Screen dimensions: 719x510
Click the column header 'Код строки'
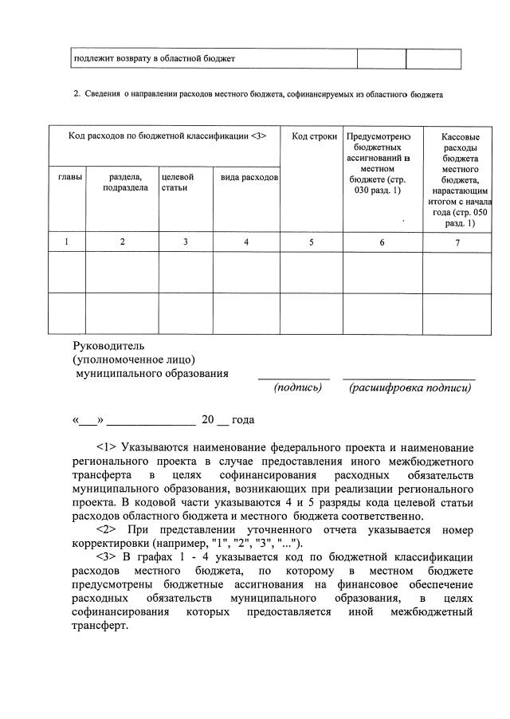[312, 136]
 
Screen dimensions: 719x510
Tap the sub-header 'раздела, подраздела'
[123, 182]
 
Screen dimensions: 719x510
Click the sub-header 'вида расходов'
[249, 176]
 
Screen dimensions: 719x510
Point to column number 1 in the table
[66, 242]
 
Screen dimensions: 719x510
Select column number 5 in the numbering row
[311, 242]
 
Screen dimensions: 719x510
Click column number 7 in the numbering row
[457, 242]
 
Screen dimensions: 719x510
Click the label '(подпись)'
[297, 387]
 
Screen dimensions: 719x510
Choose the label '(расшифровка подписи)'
[410, 387]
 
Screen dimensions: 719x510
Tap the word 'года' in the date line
[242, 419]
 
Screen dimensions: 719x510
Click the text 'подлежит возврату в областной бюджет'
[155, 59]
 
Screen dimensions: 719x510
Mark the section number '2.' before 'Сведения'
[77, 95]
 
